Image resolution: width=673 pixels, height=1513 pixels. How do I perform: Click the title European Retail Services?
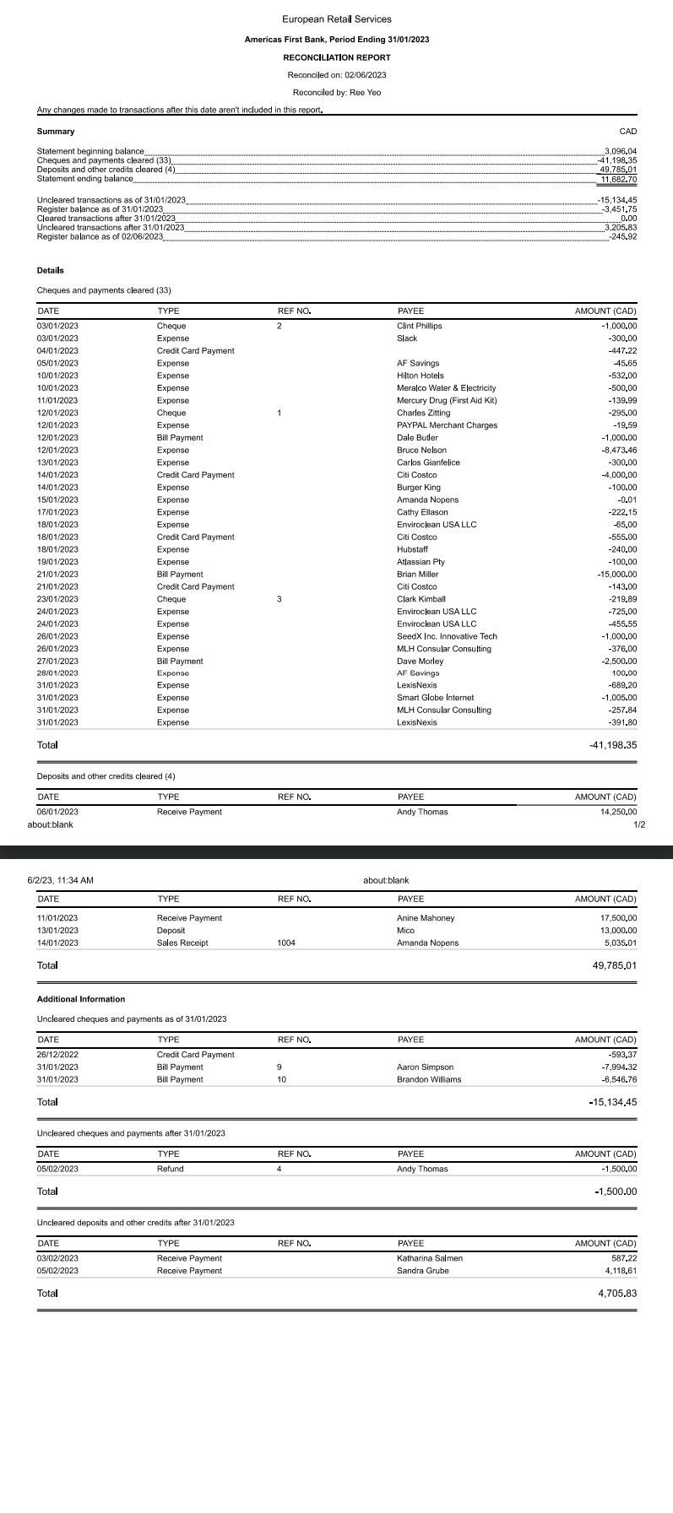point(336,19)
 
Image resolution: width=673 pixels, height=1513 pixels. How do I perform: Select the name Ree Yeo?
point(365,93)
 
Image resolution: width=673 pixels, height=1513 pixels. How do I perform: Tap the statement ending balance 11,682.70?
point(618,179)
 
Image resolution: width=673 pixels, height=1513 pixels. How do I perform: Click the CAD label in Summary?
point(627,132)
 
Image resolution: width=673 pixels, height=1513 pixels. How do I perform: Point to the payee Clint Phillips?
point(419,326)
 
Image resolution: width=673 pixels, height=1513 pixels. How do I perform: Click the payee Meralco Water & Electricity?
point(446,388)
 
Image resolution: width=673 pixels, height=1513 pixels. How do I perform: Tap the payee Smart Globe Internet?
point(435,698)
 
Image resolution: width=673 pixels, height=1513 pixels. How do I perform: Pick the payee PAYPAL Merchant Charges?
point(447,425)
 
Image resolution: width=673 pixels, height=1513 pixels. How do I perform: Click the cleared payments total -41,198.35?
point(612,745)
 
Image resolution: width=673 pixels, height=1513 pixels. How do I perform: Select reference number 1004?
point(286,943)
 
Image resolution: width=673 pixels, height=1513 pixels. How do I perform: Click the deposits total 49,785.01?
point(615,965)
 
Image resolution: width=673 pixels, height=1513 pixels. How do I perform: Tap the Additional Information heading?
point(81,999)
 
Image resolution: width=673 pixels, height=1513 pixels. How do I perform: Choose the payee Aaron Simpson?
point(425,1067)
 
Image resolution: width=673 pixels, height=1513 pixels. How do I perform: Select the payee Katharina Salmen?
point(429,1258)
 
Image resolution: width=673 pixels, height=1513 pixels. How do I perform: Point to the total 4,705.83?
point(616,1294)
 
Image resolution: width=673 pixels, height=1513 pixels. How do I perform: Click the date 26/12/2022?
point(57,1055)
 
